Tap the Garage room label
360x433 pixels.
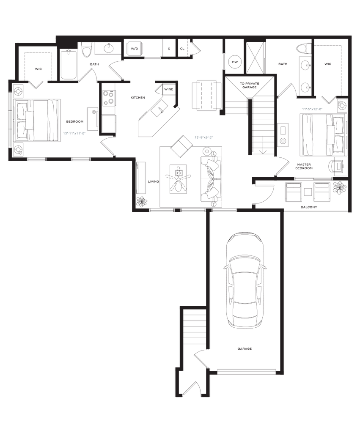(245, 349)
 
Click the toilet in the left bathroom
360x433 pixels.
(87, 51)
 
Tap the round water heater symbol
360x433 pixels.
(234, 62)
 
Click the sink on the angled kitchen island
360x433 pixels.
(160, 111)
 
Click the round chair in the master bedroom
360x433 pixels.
(337, 166)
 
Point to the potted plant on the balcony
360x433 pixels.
(339, 186)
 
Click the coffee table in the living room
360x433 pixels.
(179, 179)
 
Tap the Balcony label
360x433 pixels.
(309, 208)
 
